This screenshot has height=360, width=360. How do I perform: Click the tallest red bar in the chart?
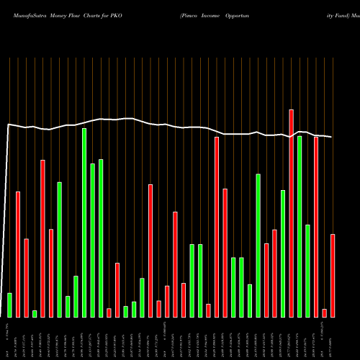(x=291, y=213)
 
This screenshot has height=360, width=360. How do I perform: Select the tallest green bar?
(x=84, y=222)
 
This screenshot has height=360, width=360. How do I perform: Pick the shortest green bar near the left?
(x=35, y=313)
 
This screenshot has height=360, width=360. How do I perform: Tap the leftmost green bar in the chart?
(x=9, y=305)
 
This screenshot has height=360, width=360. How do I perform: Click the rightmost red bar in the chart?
(x=333, y=275)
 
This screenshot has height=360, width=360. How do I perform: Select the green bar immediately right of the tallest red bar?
(x=300, y=226)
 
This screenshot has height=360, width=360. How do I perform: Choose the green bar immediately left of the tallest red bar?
(x=283, y=253)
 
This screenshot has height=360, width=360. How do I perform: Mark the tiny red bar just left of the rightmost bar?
(x=324, y=312)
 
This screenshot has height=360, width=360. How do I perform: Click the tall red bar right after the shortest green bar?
(x=42, y=238)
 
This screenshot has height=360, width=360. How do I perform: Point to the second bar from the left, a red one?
(x=18, y=254)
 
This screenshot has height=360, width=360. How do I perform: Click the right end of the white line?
(x=332, y=137)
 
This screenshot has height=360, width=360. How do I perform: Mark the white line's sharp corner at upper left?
(x=8, y=125)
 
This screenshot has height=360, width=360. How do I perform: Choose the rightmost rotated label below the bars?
(x=333, y=338)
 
